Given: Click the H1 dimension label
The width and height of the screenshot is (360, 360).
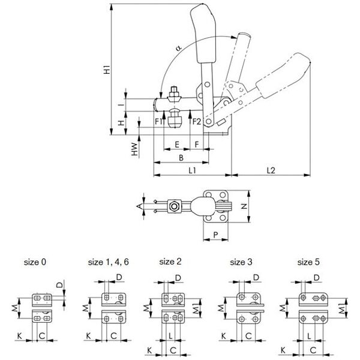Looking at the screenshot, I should [107, 68].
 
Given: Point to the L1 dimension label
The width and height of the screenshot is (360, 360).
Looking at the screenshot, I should [192, 170].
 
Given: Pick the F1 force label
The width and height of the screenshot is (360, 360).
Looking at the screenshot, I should [158, 122].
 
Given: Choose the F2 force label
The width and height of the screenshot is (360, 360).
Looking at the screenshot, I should [196, 122].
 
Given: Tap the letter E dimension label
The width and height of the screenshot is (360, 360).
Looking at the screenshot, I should [177, 144].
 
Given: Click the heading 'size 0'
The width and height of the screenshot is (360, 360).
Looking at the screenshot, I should [35, 262].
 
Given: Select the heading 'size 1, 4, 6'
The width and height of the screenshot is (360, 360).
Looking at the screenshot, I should [109, 262].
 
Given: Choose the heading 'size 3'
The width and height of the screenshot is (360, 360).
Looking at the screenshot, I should [242, 262].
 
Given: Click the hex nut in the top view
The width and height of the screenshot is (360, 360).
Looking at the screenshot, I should [174, 206].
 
